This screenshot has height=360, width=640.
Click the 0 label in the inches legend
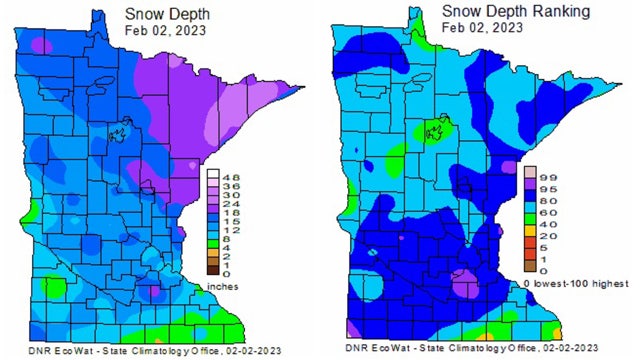(226, 272)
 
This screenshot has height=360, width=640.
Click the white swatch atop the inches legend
(213, 175)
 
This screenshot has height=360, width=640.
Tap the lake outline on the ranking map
(434, 130)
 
